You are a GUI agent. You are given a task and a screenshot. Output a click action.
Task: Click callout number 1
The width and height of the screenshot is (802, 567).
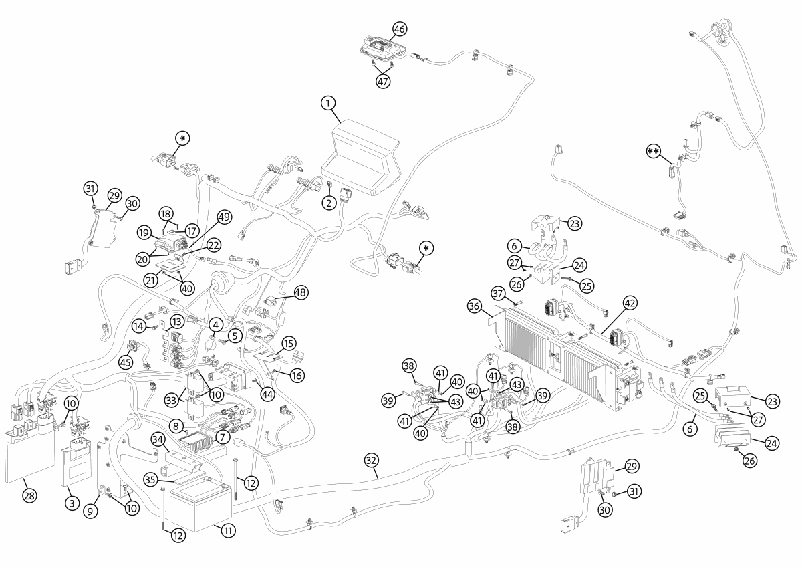(x=328, y=104)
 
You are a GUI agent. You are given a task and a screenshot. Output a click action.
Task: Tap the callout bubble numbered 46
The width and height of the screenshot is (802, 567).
(x=400, y=29)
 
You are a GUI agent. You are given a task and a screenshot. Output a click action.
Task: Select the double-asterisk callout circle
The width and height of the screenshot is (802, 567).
(x=654, y=151)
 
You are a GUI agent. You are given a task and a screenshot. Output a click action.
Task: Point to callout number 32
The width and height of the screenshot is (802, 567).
(x=372, y=460)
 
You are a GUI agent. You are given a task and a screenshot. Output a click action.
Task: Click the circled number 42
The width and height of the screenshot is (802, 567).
(x=630, y=303)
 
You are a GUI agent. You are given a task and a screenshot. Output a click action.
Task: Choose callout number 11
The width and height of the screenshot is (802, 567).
(x=228, y=530)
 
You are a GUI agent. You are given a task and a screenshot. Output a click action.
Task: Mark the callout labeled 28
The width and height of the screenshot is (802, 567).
(x=29, y=495)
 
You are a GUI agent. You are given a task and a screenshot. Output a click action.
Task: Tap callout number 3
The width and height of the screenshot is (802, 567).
(x=72, y=503)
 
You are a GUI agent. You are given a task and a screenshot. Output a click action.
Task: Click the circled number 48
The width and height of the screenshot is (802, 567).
(x=301, y=293)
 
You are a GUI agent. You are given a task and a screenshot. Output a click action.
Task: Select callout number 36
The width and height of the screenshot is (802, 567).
(x=474, y=306)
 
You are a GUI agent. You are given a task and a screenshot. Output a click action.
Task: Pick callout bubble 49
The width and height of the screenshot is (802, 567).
(x=224, y=217)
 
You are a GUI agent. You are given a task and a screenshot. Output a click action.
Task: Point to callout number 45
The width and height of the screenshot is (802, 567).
(x=126, y=363)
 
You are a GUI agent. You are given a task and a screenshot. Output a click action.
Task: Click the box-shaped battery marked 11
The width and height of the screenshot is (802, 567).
(x=200, y=505)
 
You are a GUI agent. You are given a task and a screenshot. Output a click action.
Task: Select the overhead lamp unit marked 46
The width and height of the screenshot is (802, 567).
(x=381, y=48)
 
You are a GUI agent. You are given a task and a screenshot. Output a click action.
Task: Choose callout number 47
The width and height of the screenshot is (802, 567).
(x=383, y=82)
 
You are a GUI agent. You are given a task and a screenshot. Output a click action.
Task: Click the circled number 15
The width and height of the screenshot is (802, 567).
(x=289, y=344)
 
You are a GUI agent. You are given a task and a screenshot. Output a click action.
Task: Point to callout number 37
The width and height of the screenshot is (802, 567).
(x=498, y=294)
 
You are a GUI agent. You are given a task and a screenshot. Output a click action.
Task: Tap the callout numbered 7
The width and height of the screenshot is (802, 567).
(x=223, y=437)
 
